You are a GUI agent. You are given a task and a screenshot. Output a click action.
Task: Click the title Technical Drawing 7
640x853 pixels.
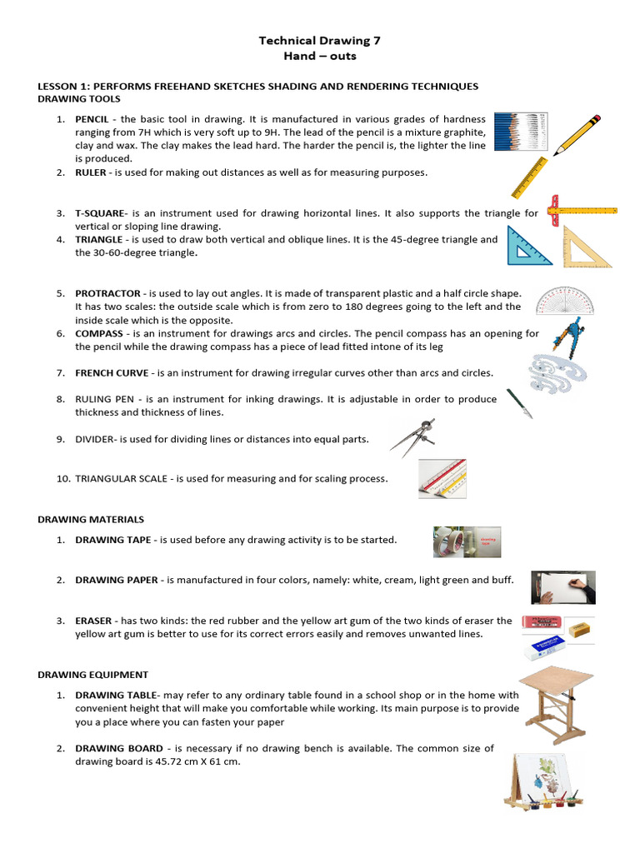pyautogui.click(x=320, y=39)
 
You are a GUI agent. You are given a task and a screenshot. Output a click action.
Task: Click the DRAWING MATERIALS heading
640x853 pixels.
pyautogui.click(x=91, y=519)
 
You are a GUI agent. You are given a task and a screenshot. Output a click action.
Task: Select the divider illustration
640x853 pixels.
pyautogui.click(x=413, y=437)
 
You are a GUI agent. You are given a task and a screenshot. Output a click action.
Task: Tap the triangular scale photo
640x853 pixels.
pyautogui.click(x=442, y=479)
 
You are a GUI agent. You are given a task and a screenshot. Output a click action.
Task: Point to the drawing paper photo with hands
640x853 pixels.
pyautogui.click(x=563, y=586)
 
